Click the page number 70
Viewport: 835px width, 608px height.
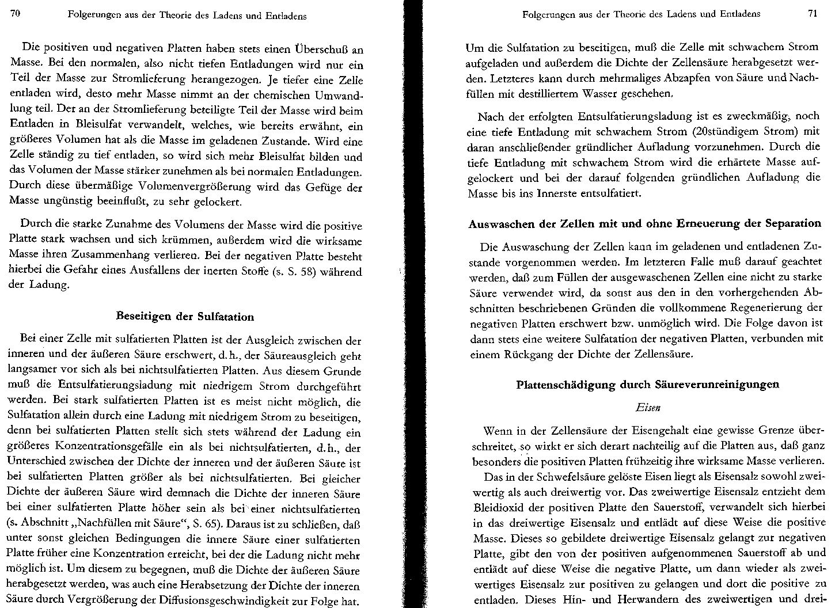[16, 14]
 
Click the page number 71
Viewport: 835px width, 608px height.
[813, 14]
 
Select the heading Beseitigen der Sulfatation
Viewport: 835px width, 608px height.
[185, 317]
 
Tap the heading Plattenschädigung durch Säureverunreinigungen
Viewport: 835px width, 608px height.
[648, 384]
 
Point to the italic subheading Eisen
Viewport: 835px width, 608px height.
[648, 408]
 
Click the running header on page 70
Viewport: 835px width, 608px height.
[187, 16]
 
